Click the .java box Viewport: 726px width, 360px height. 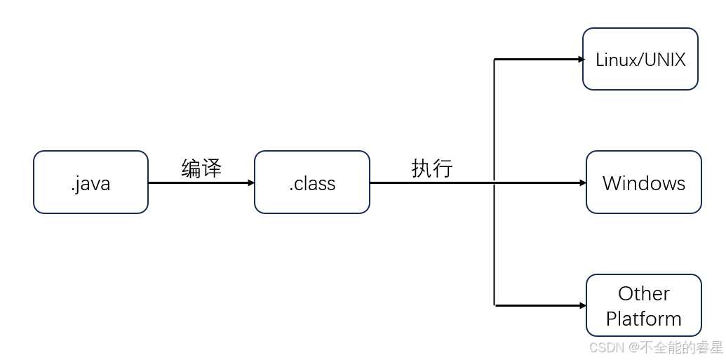pos(90,182)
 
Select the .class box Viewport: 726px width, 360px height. pos(311,182)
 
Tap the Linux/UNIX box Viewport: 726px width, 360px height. pos(640,59)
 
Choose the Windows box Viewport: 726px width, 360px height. pos(643,182)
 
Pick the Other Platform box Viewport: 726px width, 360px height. pos(643,305)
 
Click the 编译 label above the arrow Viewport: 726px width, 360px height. pos(201,168)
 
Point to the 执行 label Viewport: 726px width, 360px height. pos(431,168)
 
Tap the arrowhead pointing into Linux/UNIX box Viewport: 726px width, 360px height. pos(581,60)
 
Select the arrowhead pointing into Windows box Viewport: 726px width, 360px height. pos(582,183)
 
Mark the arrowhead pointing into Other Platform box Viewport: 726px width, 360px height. pos(582,306)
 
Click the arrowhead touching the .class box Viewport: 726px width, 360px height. pos(250,183)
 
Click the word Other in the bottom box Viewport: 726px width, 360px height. pos(643,293)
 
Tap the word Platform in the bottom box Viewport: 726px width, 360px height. pos(643,319)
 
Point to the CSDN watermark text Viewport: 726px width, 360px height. pos(607,347)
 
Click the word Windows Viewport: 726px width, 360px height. pos(643,183)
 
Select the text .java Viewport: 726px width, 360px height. pos(90,184)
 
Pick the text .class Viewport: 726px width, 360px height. pos(311,184)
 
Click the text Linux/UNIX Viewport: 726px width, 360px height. pos(640,60)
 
